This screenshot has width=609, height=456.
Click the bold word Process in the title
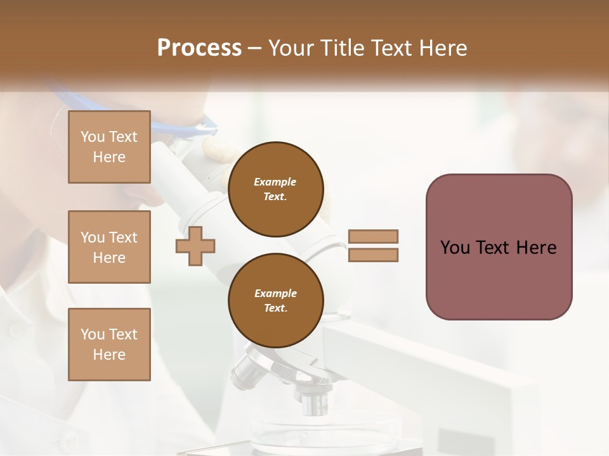(199, 48)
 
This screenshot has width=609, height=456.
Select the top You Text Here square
(109, 147)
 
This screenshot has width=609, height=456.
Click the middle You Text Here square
(109, 247)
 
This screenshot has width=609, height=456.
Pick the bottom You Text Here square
(109, 344)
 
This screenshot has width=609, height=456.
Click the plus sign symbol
(195, 246)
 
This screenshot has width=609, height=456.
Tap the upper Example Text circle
(275, 189)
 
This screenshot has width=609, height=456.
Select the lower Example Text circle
(275, 301)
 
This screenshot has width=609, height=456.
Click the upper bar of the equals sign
(373, 236)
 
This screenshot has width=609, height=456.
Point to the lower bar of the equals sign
(373, 255)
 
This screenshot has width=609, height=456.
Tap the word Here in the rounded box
(536, 248)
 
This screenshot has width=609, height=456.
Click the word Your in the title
(291, 48)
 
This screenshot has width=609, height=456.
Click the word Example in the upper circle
(275, 182)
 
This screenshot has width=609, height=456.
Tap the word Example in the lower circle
(275, 293)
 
